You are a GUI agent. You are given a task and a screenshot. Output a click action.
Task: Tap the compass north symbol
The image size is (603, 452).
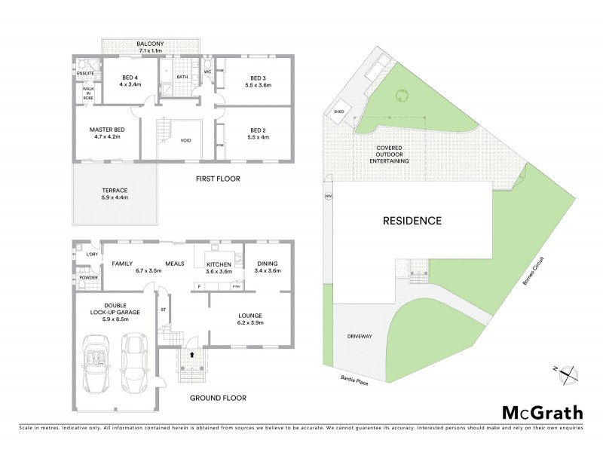coord(569,372)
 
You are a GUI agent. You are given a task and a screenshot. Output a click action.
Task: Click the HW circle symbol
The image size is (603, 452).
coord(328,197)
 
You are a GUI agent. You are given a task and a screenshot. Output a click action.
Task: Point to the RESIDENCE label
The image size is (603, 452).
coord(412,221)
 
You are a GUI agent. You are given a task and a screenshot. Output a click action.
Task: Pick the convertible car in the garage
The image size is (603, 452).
coord(98,365)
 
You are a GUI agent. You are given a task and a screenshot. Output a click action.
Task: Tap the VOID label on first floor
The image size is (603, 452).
coord(186,139)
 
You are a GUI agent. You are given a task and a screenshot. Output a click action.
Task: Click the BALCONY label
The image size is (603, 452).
coord(152,45)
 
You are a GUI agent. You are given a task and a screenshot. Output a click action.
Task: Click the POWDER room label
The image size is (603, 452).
coord(88,277)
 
